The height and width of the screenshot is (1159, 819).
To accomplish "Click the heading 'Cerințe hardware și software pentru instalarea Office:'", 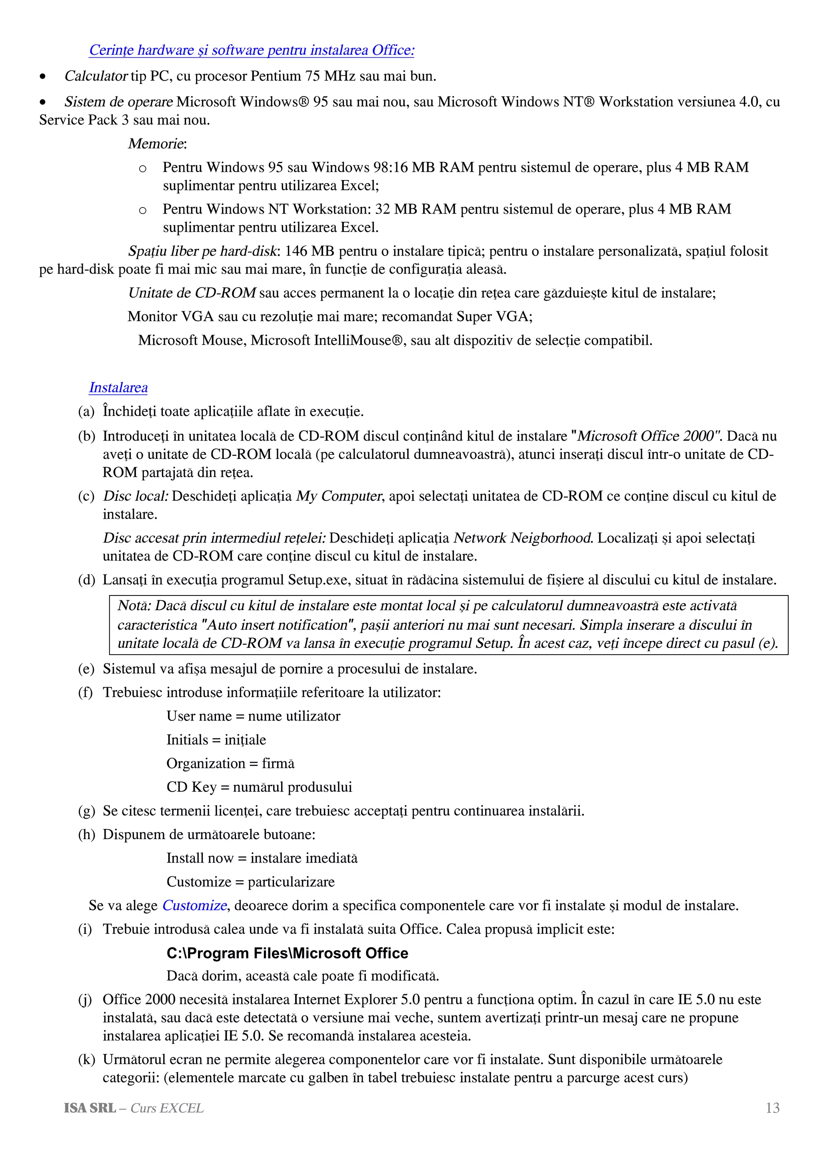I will [x=251, y=50].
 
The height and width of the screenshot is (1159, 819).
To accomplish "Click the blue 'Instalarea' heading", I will [x=118, y=388].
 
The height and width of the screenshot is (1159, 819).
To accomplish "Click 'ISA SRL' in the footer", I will [x=89, y=1108].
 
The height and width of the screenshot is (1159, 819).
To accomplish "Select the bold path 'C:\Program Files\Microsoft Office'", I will [x=287, y=953].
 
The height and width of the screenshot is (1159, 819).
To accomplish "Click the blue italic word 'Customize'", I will [x=194, y=905].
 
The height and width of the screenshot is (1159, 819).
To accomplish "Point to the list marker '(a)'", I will [x=86, y=412].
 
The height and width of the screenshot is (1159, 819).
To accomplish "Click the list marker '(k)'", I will [x=86, y=1059].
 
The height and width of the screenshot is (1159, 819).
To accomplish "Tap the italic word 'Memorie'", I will [x=156, y=144].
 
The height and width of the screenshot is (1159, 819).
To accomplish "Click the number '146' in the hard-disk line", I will [x=296, y=251].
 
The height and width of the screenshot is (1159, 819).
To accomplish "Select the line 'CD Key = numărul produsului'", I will [x=259, y=787].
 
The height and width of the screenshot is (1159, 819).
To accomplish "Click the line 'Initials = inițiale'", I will [x=216, y=739].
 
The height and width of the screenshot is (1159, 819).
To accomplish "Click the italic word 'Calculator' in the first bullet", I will [x=96, y=76].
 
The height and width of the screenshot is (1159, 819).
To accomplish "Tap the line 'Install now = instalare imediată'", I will [x=262, y=858].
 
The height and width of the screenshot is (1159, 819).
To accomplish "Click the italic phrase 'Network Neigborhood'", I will [x=522, y=538].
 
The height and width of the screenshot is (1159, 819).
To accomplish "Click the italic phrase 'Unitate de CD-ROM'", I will [x=192, y=293].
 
